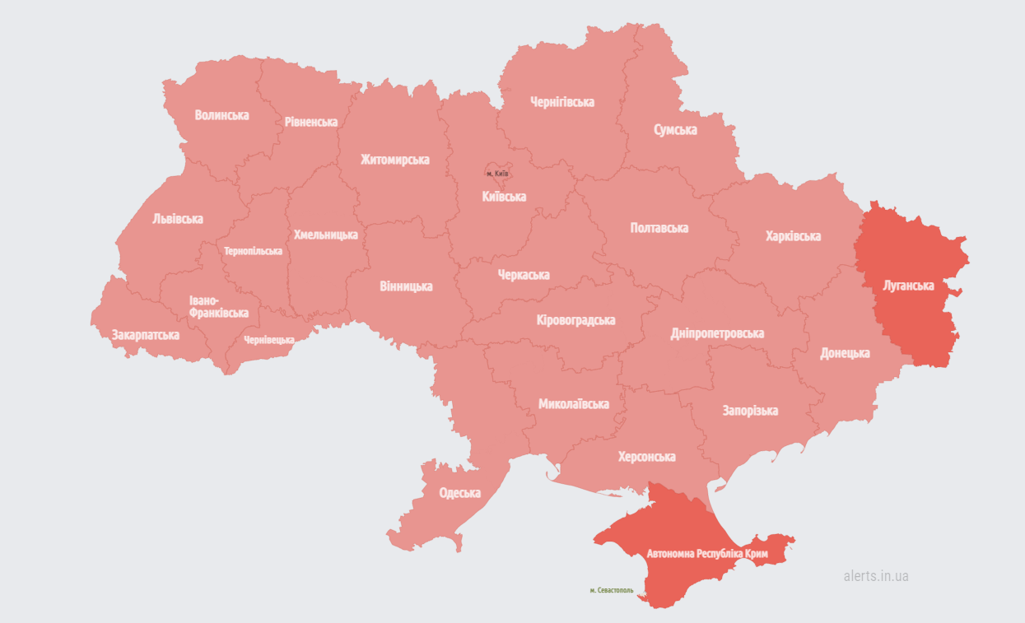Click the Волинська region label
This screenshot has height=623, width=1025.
coord(221,115)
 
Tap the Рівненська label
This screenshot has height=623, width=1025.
coord(311,122)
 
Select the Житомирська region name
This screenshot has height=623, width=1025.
coord(394,160)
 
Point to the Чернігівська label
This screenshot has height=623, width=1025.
coord(561,102)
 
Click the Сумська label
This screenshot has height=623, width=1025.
coord(675,130)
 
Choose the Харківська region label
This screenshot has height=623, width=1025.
coord(793,236)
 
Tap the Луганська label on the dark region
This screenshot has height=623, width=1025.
coord(908,286)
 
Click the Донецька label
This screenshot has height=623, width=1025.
coord(845,353)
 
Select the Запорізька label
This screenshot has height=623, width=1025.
coord(750,411)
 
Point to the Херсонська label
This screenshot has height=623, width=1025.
coord(647,457)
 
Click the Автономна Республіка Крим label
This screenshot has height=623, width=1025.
coord(707,554)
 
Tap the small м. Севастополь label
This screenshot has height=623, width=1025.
coord(612,590)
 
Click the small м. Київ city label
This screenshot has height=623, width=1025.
coord(497,174)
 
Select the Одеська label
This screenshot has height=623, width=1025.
coord(459,493)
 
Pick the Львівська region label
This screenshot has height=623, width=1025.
coord(178,219)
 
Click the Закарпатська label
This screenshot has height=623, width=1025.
coord(146,335)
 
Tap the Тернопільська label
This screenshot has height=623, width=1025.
coord(253,251)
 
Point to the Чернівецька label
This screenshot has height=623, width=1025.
coord(269,340)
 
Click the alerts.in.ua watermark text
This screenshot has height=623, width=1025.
coord(876,576)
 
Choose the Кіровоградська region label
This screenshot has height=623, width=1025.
coord(575,320)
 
